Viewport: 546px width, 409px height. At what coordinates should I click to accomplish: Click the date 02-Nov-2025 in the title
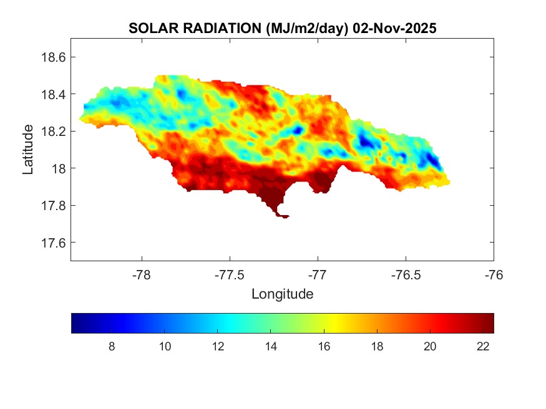pos(394,29)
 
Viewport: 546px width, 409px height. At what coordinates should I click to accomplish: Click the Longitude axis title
pos(282,293)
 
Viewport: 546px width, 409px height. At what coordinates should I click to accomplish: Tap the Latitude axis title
pos(28,149)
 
